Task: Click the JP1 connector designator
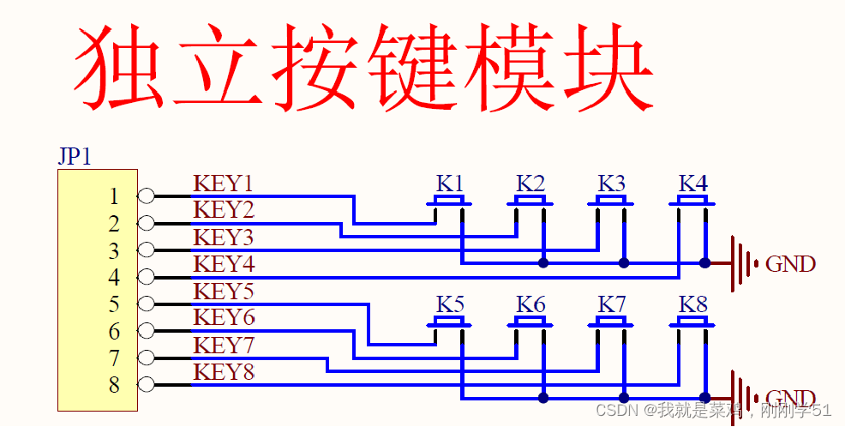[x=75, y=157]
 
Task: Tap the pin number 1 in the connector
[x=114, y=196]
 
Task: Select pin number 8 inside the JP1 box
[x=114, y=385]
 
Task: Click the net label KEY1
[x=223, y=183]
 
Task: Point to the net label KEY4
[x=224, y=264]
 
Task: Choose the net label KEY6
[x=224, y=318]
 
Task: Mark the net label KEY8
[x=224, y=372]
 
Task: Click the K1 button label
[x=450, y=183]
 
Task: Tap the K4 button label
[x=693, y=183]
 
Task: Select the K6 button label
[x=530, y=304]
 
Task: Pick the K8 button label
[x=693, y=304]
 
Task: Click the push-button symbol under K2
[x=530, y=202]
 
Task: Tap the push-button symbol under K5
[x=449, y=323]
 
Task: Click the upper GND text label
[x=790, y=264]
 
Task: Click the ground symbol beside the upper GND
[x=744, y=263]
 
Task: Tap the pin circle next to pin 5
[x=147, y=304]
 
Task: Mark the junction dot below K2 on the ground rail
[x=543, y=263]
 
